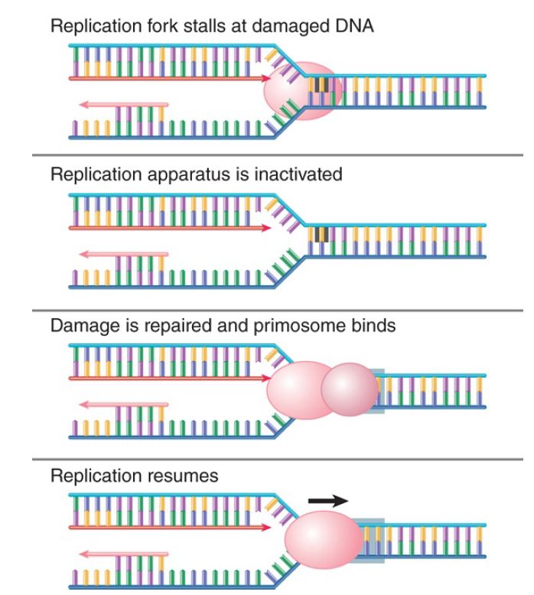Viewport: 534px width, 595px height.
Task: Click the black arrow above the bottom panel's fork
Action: [327, 500]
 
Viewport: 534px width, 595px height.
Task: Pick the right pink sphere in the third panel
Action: [349, 389]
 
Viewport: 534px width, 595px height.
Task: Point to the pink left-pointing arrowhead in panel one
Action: [82, 103]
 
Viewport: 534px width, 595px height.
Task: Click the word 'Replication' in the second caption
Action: [89, 174]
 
